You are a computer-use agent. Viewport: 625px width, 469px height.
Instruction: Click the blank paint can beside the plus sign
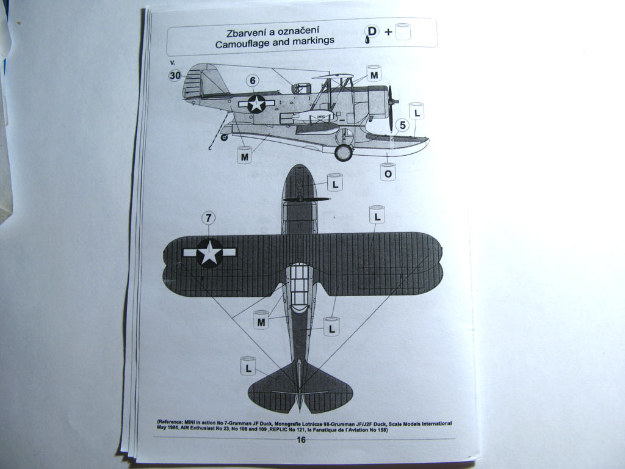pos(402,32)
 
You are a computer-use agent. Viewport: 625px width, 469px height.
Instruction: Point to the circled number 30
pos(175,76)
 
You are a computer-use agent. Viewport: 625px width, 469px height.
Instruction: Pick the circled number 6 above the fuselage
pos(253,81)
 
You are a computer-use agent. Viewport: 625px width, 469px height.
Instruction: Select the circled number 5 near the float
pos(402,126)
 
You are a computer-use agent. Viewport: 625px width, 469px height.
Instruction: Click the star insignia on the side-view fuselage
pos(256,103)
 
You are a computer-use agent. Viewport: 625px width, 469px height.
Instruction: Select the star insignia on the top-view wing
pos(209,252)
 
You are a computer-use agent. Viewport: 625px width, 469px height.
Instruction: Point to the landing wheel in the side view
pos(344,152)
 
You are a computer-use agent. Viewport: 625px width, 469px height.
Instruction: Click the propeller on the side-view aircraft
pos(391,107)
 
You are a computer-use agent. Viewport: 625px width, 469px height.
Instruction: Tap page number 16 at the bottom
pos(301,440)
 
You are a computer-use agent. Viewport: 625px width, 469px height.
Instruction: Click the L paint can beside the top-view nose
pos(335,182)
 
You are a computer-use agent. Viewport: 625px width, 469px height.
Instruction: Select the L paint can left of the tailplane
pos(248,366)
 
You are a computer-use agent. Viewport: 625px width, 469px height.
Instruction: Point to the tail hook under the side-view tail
pos(211,147)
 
